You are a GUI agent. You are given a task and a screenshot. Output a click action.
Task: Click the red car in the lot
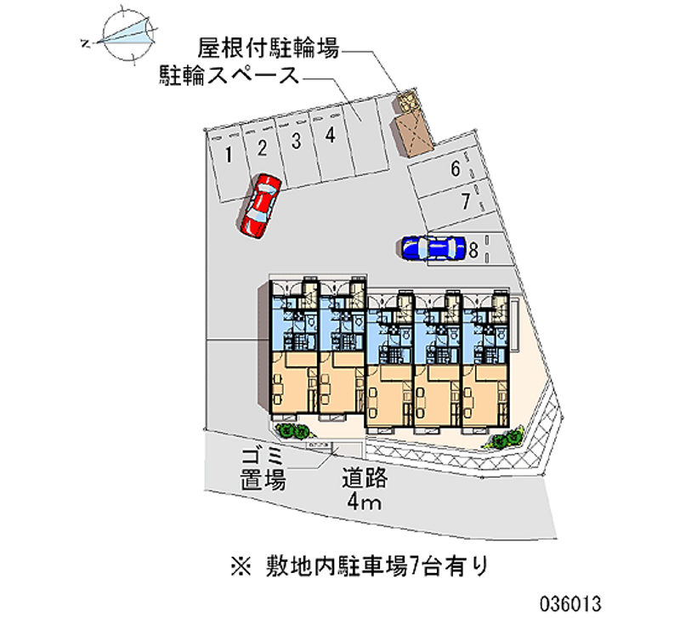[261, 205]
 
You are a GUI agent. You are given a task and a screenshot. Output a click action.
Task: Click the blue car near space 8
[432, 247]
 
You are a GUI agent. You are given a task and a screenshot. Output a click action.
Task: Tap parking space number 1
[229, 155]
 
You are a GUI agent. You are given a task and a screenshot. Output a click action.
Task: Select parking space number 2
[263, 148]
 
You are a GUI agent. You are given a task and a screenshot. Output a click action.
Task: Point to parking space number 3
[296, 141]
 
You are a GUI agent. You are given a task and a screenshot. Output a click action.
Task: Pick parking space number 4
[329, 134]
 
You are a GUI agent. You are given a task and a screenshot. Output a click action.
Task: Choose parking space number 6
[456, 169]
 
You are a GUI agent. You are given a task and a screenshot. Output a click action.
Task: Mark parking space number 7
[466, 201]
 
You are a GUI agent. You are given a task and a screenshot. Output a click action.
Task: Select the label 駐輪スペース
[228, 77]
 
